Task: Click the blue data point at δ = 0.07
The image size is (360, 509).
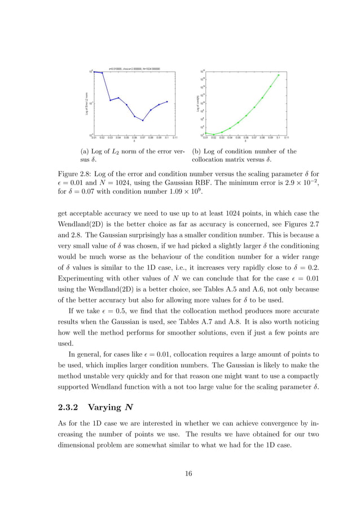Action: [x=143, y=120]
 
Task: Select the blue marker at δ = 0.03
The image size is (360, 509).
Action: [x=111, y=100]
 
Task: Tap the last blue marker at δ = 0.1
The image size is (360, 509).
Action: [x=167, y=102]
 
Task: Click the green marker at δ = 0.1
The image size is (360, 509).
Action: [x=279, y=74]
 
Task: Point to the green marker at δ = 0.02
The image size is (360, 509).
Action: [x=214, y=134]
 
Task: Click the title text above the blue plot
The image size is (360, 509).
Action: [x=134, y=68]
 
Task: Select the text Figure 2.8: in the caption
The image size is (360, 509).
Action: [x=75, y=173]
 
